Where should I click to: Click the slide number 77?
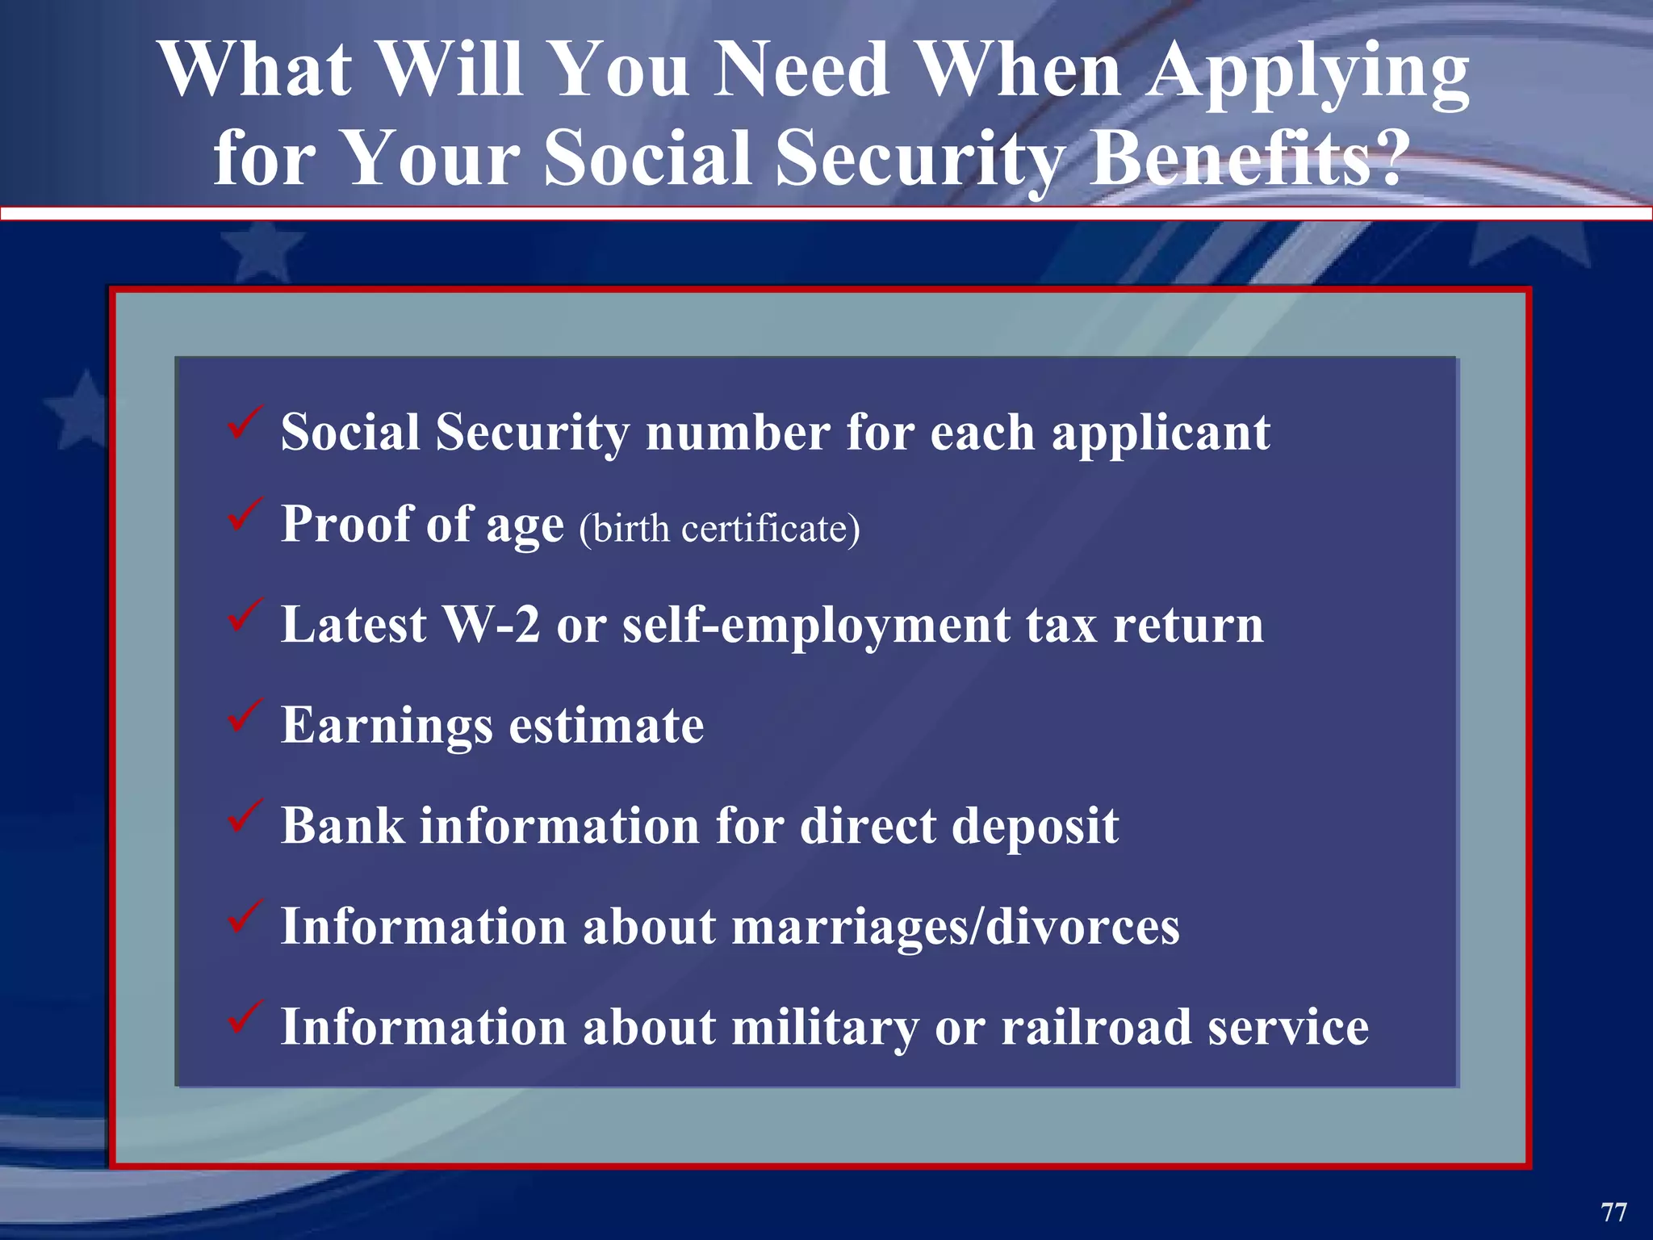[1613, 1212]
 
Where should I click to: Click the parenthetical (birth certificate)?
[719, 530]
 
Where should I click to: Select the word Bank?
[343, 826]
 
